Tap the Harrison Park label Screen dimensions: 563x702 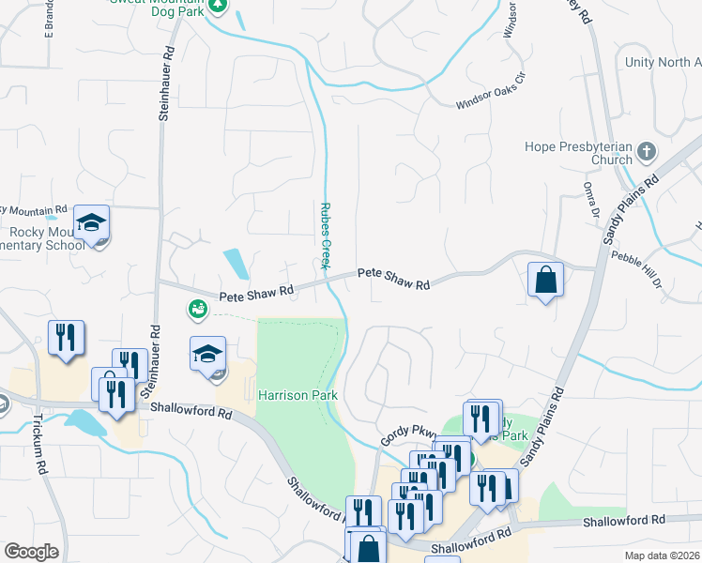coord(298,395)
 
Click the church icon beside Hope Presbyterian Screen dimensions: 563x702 coord(647,151)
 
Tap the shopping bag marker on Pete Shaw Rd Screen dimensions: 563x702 coord(545,280)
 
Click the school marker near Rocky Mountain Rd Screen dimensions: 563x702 coord(92,224)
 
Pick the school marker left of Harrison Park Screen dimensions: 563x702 coord(208,356)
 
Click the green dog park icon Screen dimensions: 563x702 coord(219,5)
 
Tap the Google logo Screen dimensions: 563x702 coord(31,552)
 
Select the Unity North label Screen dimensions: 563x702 coord(663,62)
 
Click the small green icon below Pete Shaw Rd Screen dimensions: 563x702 coord(196,308)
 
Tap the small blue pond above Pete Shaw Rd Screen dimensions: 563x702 coord(237,263)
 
